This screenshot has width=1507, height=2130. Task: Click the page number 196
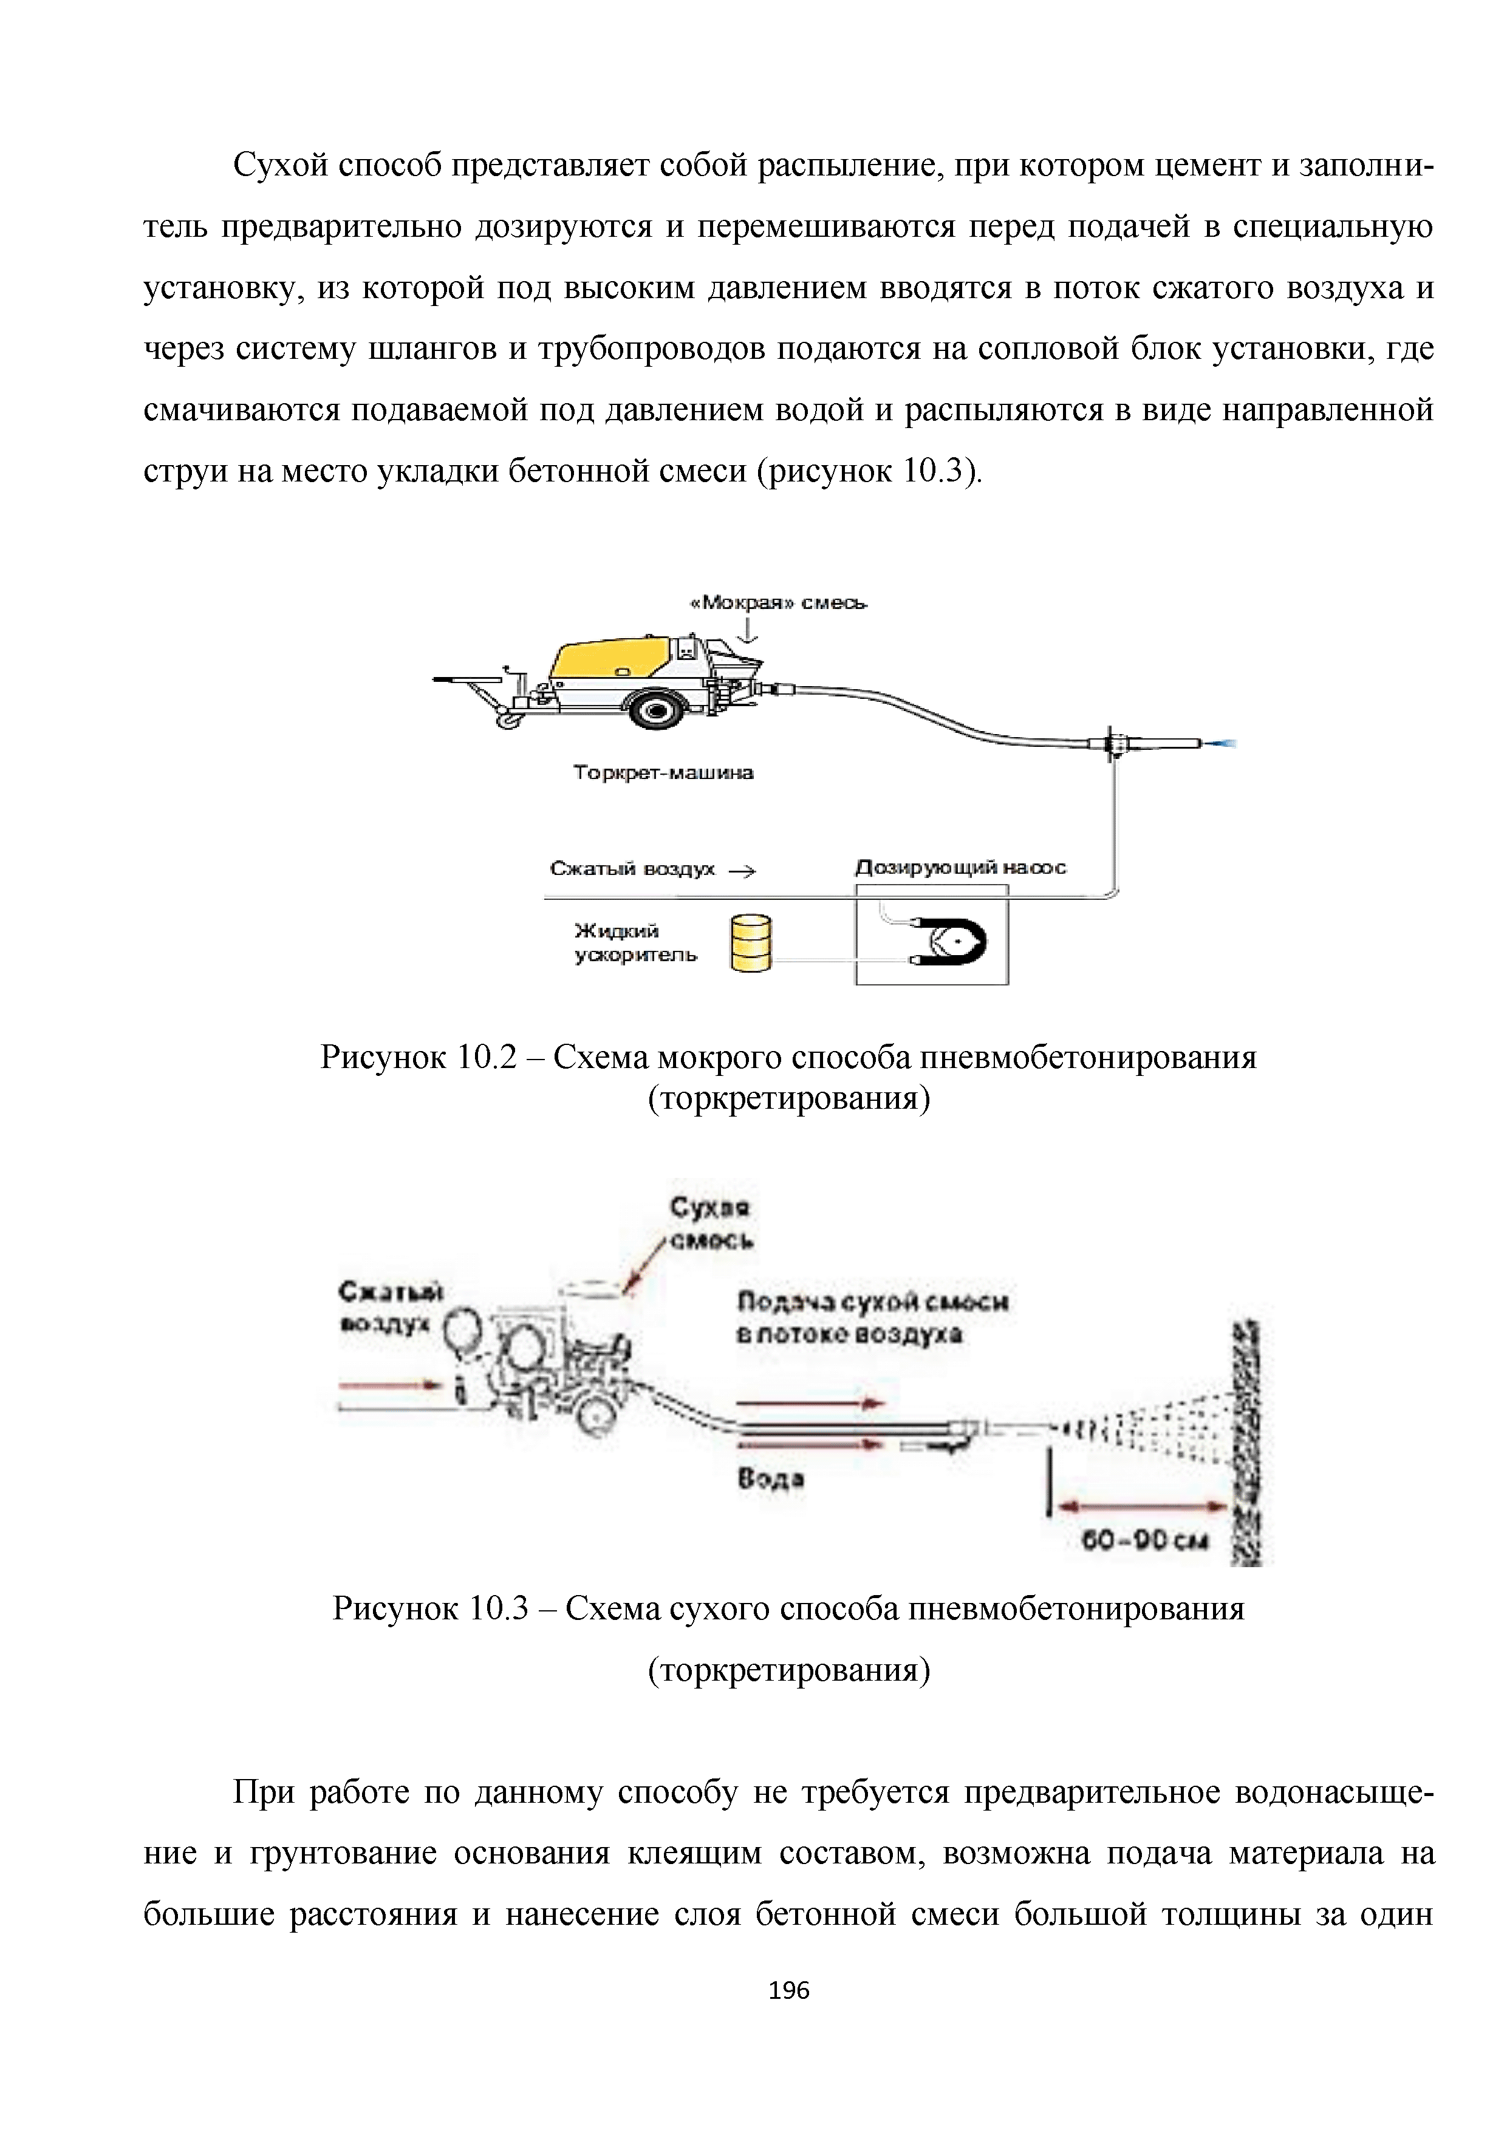[x=789, y=1989]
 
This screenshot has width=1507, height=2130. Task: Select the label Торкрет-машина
[x=663, y=772]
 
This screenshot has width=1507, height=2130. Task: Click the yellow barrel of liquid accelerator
[x=751, y=944]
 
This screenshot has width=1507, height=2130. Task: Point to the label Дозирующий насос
[x=960, y=868]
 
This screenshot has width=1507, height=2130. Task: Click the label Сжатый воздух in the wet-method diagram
[x=633, y=869]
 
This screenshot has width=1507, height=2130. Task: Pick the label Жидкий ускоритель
[x=635, y=942]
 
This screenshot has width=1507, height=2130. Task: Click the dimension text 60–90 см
[x=1145, y=1541]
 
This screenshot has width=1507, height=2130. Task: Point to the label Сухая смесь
[x=711, y=1223]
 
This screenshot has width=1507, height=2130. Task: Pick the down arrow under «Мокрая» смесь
[x=749, y=631]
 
